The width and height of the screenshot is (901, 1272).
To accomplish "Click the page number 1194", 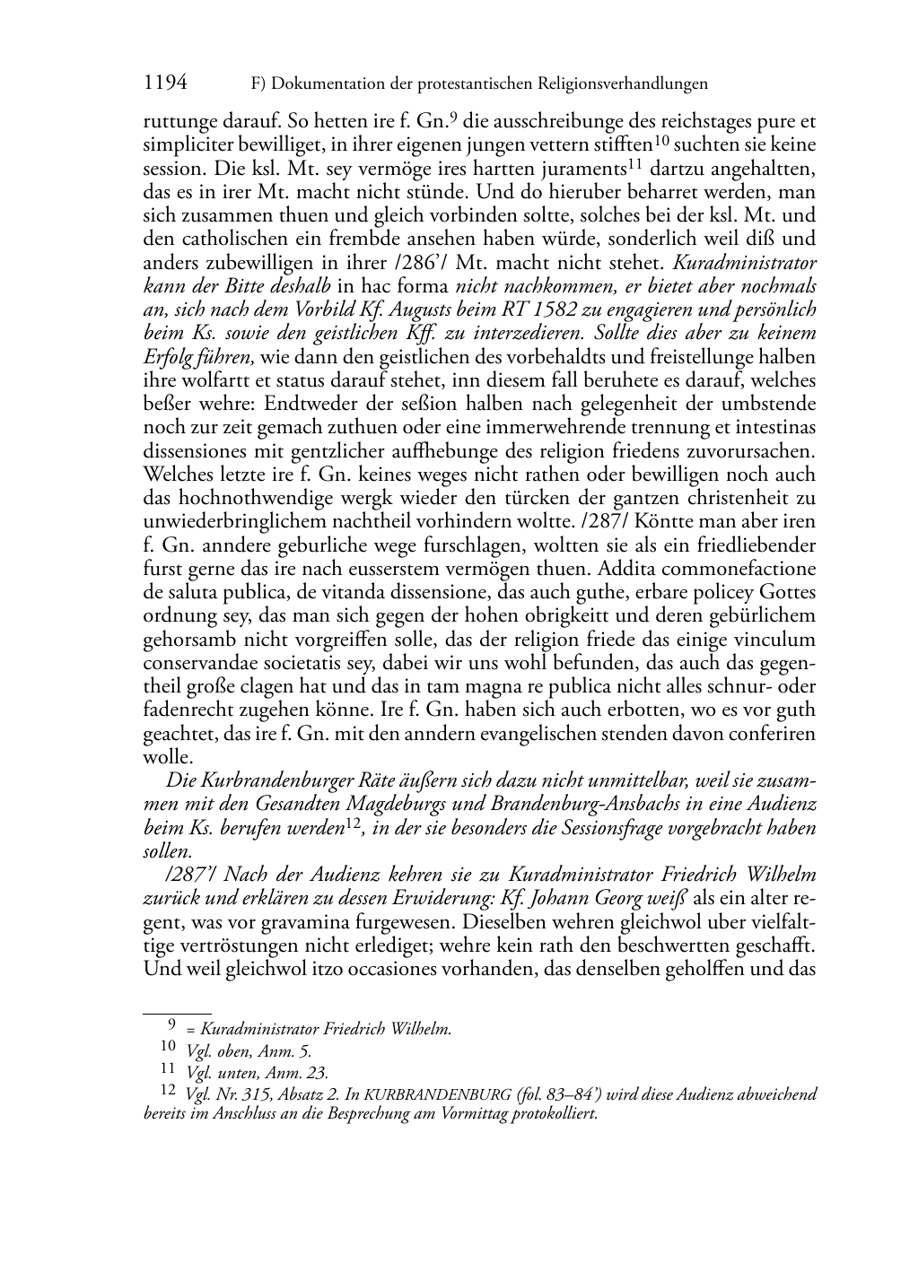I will [165, 83].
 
